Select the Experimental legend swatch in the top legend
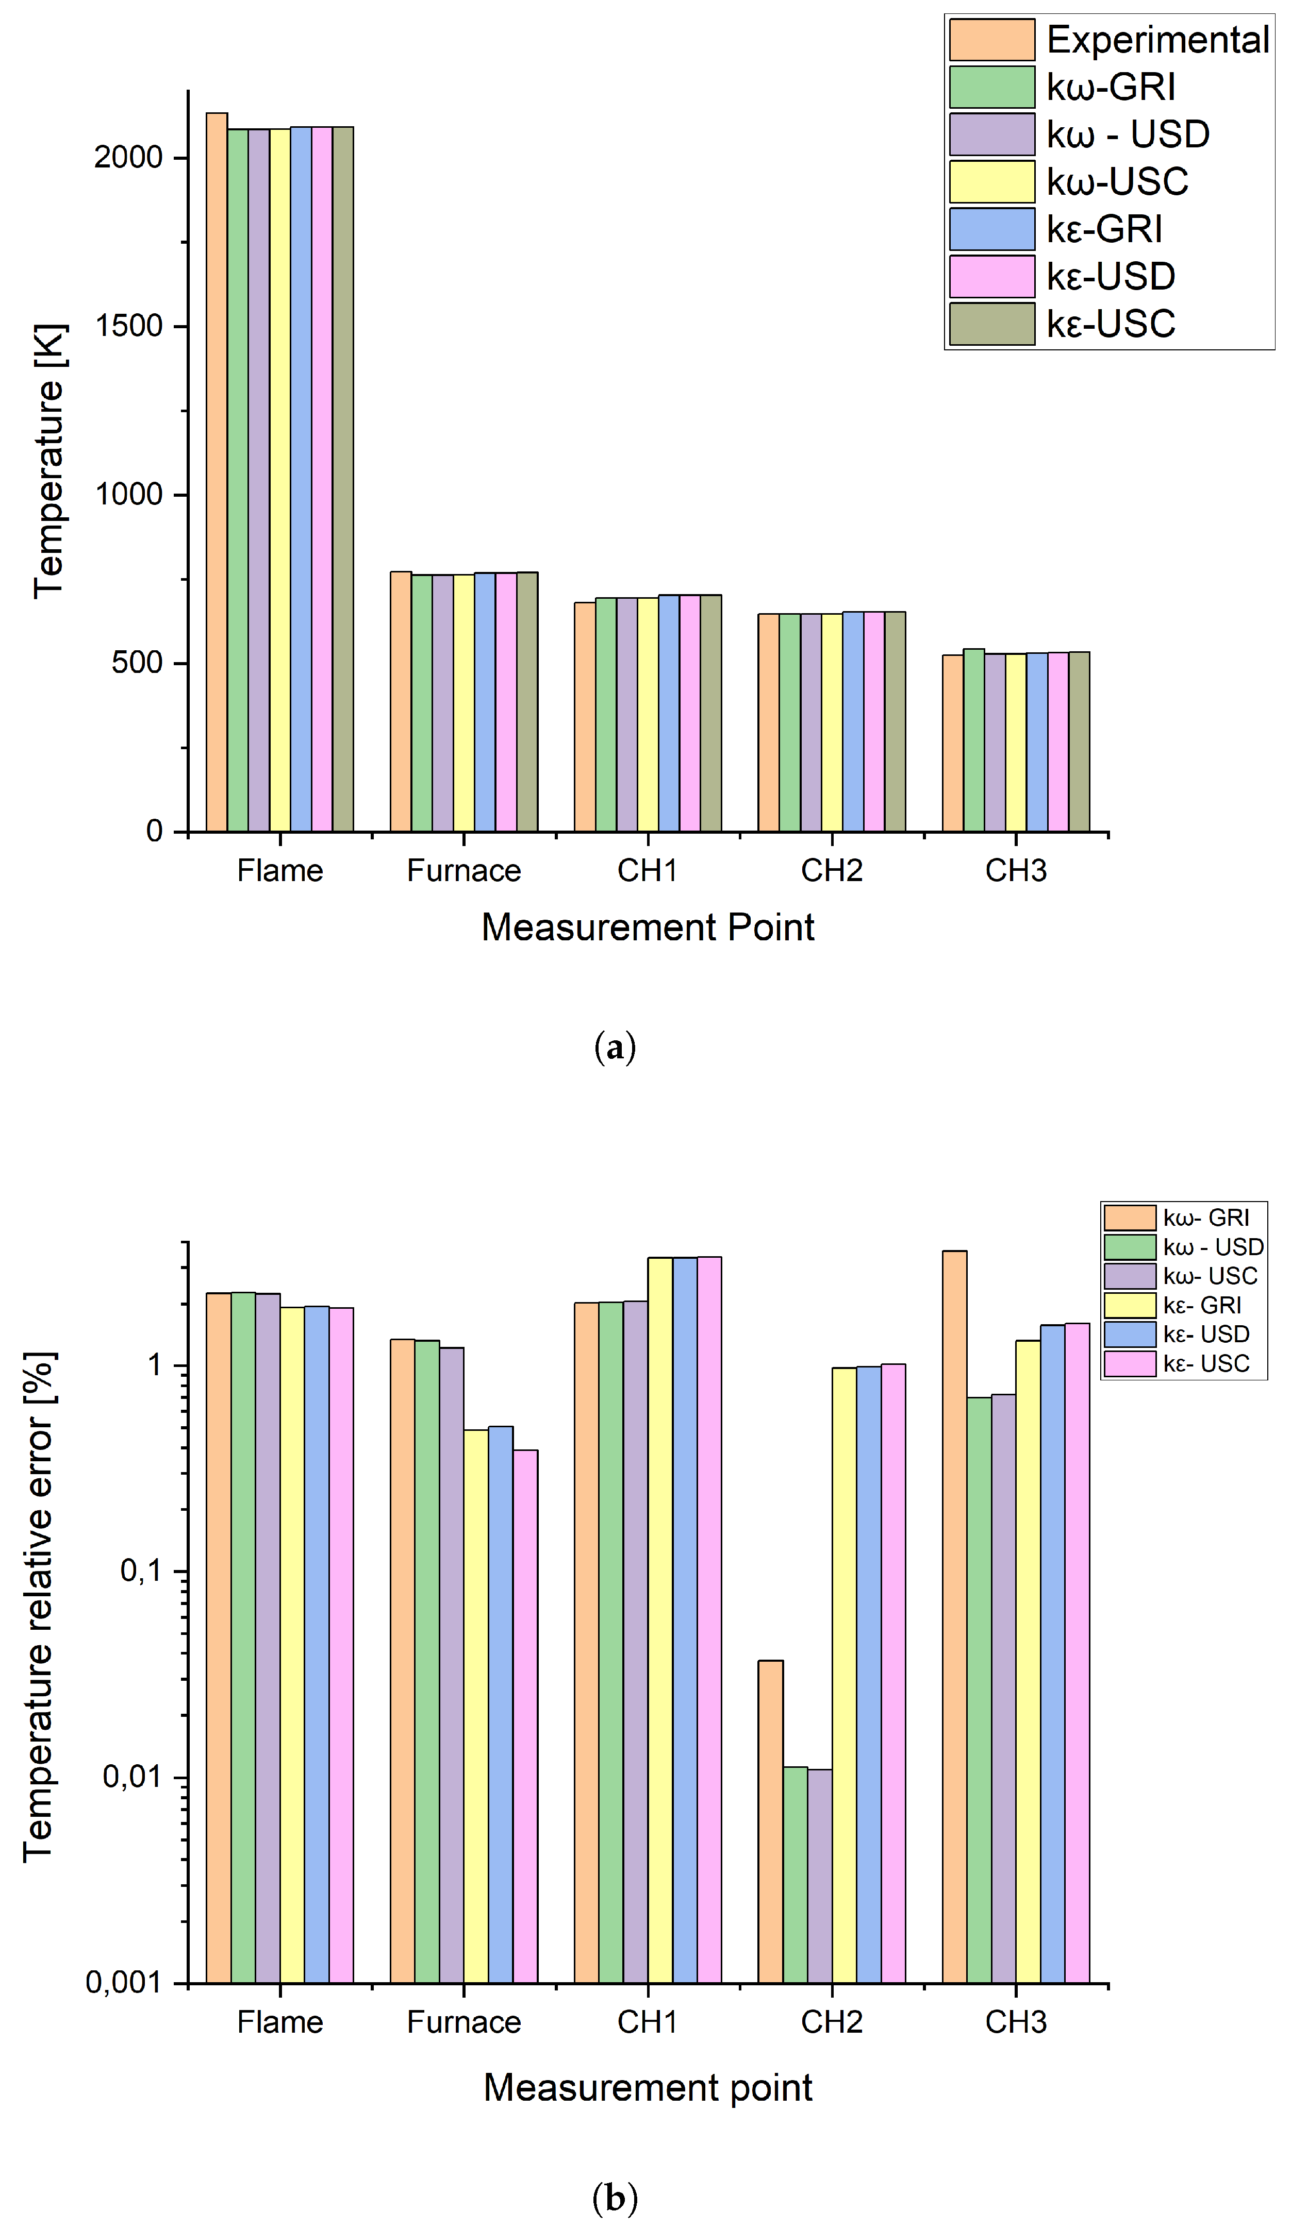(991, 40)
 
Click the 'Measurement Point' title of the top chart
(647, 927)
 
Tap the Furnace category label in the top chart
(464, 870)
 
